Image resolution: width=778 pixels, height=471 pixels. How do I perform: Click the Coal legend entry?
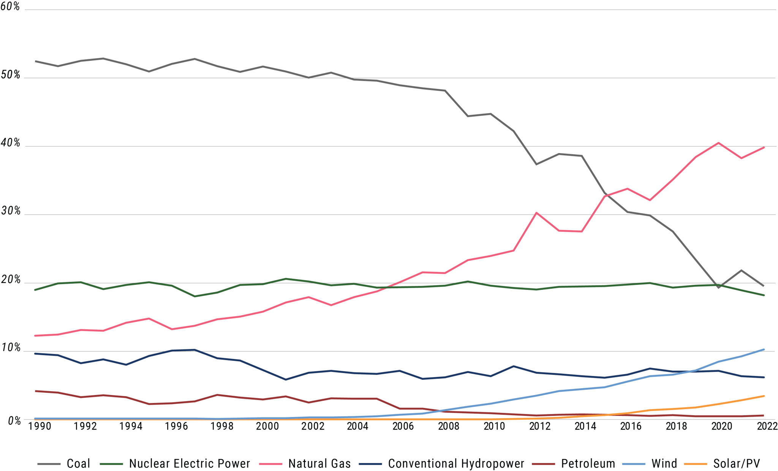pos(78,463)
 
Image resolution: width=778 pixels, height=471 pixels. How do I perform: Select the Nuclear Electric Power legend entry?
pos(190,463)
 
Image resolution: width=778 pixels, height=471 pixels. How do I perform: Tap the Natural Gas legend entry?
pos(319,463)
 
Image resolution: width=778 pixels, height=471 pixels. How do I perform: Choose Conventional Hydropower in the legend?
pos(456,463)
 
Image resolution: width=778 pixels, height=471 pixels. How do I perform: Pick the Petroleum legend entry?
pos(588,463)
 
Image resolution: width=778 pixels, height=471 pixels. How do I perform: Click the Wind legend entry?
pos(664,463)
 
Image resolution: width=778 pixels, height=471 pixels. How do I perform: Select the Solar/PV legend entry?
pos(736,463)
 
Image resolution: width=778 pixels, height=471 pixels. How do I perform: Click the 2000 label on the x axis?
pos(267,426)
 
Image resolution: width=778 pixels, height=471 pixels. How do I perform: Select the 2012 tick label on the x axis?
pos(540,426)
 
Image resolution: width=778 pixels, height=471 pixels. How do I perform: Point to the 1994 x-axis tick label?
pos(131,426)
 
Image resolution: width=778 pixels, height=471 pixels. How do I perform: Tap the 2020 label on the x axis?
pos(721,426)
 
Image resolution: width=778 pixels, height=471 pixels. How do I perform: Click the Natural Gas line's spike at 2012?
pos(536,213)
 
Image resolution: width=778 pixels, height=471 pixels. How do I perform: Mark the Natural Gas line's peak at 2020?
pos(718,143)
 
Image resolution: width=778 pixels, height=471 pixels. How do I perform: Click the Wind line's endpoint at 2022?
pos(764,349)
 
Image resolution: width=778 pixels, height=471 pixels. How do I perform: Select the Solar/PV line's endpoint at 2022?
pos(764,396)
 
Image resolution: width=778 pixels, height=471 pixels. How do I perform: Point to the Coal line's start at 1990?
pos(36,61)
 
